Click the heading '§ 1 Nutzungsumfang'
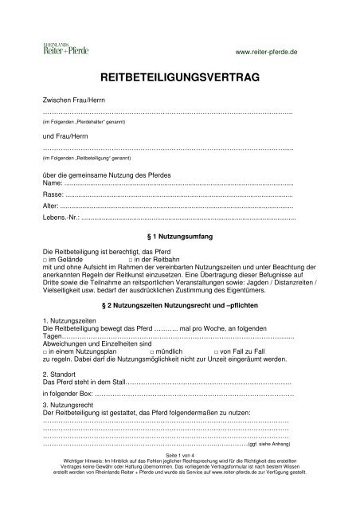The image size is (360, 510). point(179,237)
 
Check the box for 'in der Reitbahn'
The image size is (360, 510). point(131,260)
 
